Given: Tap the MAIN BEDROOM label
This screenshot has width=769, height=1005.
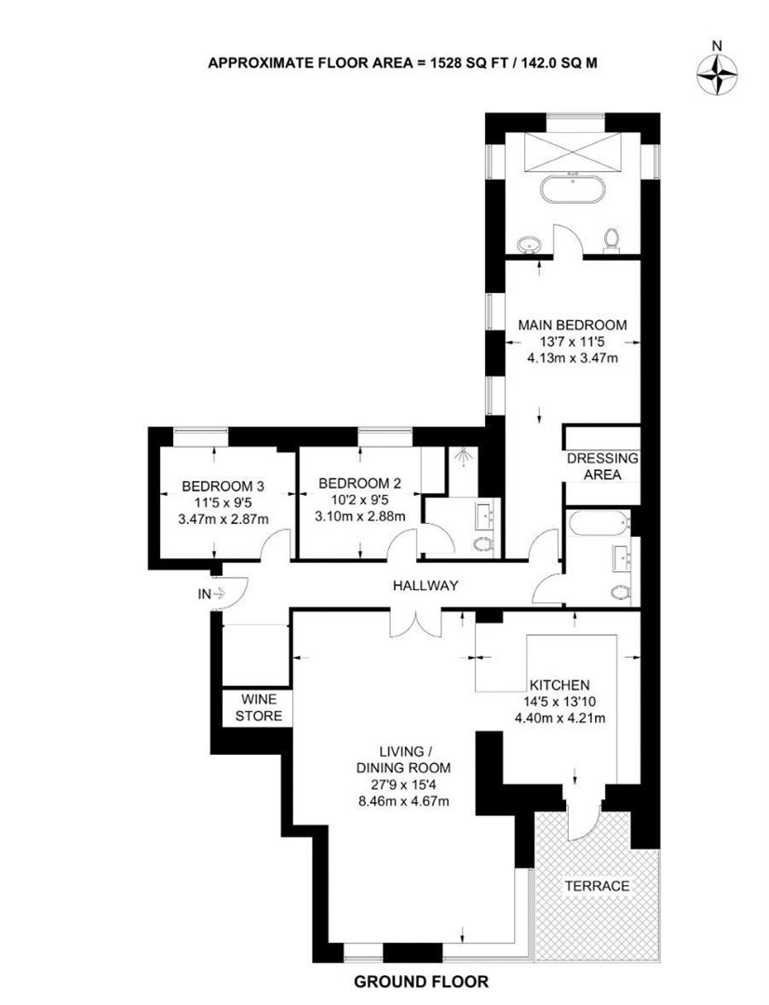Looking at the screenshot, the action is [573, 325].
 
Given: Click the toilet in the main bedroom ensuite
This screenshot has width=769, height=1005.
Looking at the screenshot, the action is [612, 239].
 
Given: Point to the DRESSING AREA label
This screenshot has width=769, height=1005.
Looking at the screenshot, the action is [602, 466].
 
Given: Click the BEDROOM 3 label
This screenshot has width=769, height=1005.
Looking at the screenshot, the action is [223, 486].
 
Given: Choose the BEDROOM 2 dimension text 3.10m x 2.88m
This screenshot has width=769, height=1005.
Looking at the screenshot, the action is [359, 516].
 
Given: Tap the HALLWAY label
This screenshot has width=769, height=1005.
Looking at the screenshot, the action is [425, 585].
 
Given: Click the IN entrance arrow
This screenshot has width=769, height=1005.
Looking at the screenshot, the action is [218, 594].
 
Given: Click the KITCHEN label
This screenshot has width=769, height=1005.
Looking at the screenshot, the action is [560, 685].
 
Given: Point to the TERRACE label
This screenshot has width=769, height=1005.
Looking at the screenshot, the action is [597, 886].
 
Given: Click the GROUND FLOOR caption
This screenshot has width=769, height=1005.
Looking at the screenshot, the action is [421, 982].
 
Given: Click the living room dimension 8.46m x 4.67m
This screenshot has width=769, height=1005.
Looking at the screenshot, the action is [403, 800].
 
